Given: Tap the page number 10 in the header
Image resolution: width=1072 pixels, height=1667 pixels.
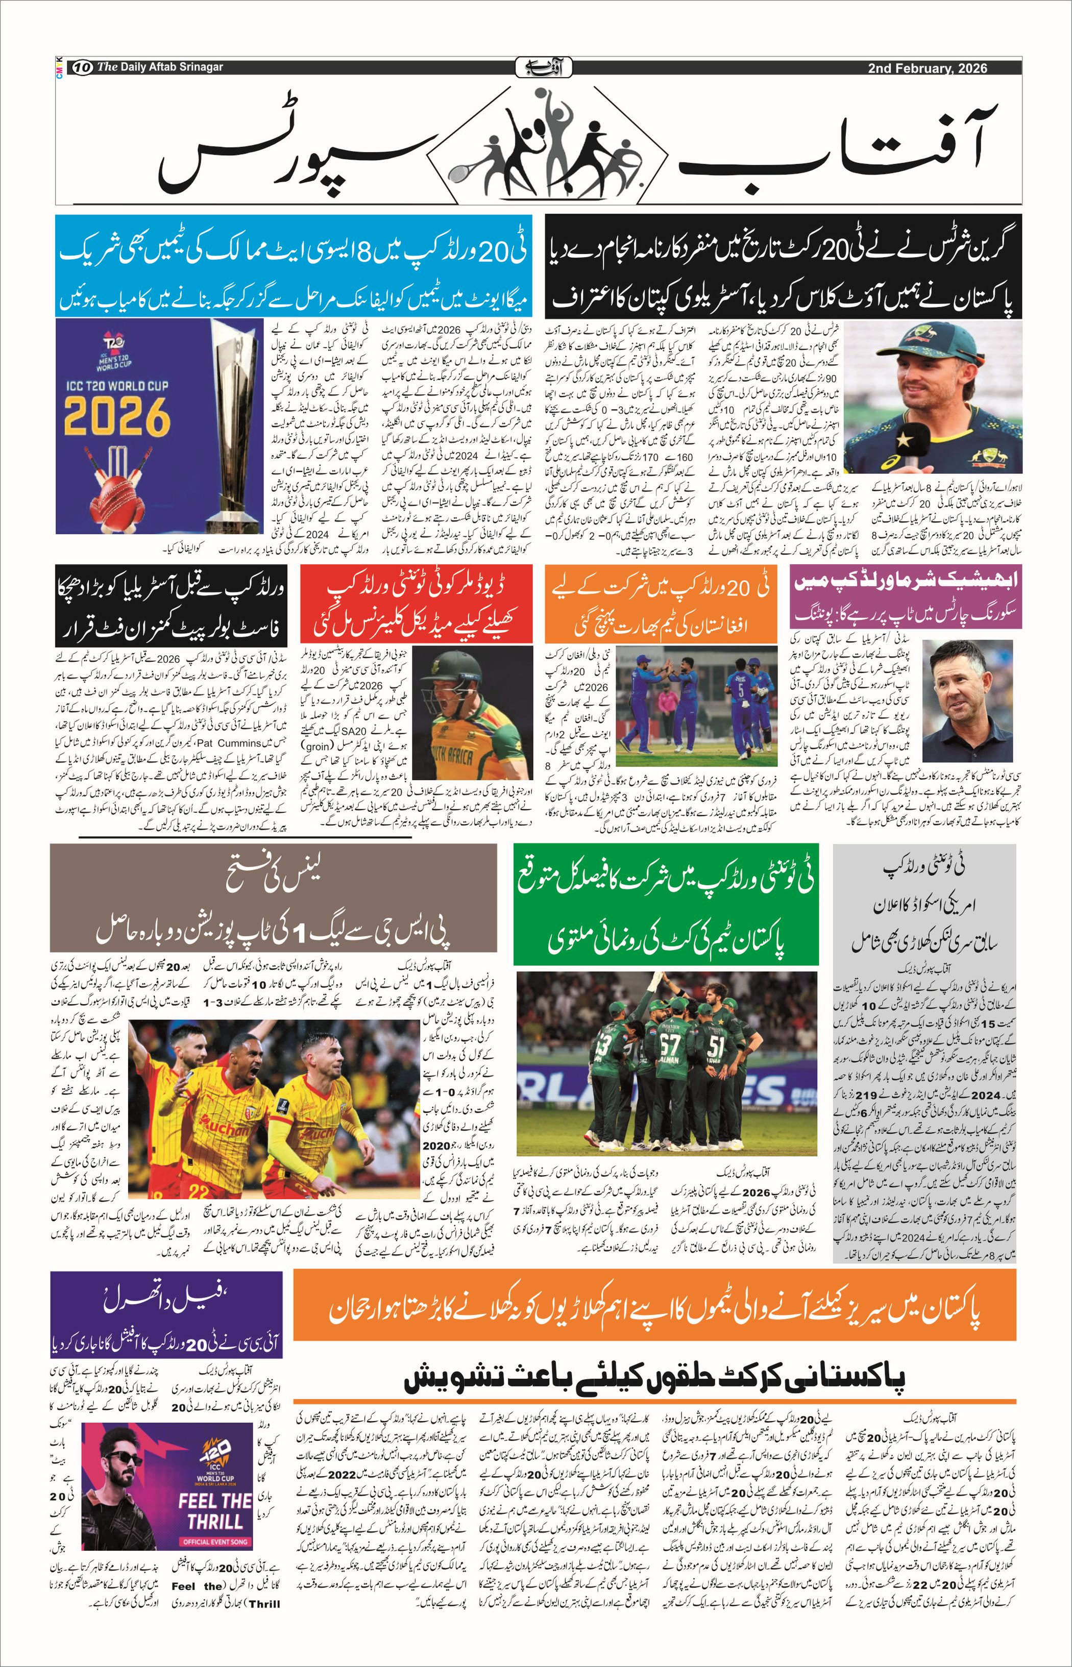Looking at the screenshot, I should [82, 67].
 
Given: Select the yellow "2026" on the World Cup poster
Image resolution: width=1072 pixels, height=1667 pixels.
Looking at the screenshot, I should [117, 416].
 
